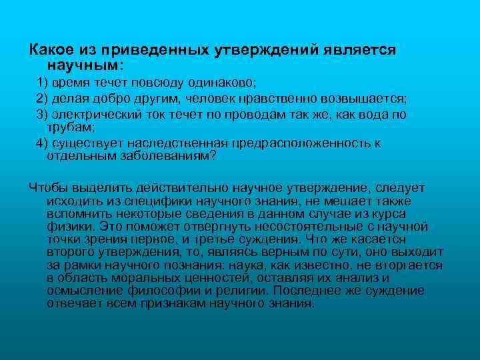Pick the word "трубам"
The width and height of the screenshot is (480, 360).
click(69, 127)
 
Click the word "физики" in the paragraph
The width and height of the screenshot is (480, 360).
click(66, 226)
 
